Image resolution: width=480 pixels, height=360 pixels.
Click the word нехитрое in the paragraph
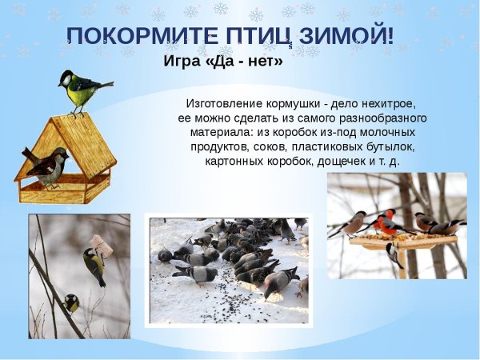(x=390, y=104)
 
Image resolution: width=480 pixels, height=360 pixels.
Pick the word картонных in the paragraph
(x=234, y=162)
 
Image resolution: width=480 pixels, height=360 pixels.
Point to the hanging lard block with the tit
(x=98, y=242)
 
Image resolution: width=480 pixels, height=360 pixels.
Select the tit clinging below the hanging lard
(x=94, y=266)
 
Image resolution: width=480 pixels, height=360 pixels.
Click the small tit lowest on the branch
(x=71, y=302)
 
